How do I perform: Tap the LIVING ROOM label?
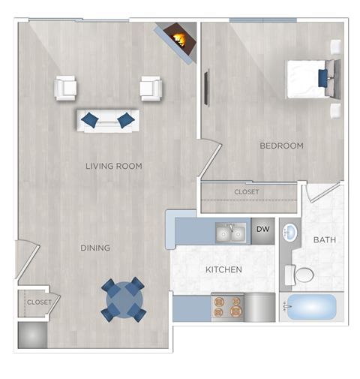[114, 166]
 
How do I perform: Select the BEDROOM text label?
[281, 146]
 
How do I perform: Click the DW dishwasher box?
[262, 230]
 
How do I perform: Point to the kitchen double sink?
[230, 234]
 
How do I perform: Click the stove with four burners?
[228, 308]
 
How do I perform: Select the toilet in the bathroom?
[302, 275]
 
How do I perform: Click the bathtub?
[311, 308]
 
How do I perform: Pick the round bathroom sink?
[289, 233]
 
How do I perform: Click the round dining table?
[123, 299]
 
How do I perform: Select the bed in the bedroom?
[311, 78]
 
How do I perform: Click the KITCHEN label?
[224, 269]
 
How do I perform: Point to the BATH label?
[325, 240]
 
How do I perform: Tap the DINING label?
[96, 248]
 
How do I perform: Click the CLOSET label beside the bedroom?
[247, 192]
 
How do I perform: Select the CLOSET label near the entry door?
[40, 302]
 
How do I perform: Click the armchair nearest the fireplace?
[151, 89]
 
